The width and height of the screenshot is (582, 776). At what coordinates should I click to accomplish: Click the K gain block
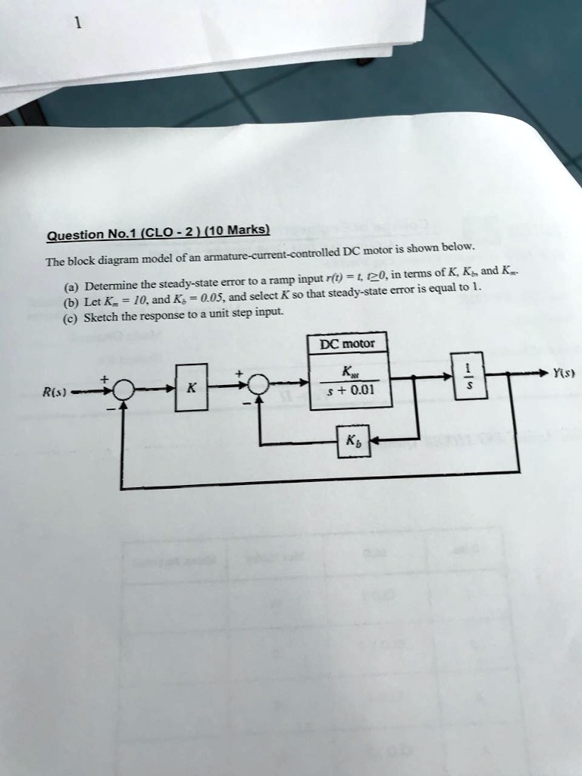pos(191,387)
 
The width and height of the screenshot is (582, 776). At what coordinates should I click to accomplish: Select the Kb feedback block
pos(354,441)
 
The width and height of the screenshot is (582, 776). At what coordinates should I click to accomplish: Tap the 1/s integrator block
pos(468,375)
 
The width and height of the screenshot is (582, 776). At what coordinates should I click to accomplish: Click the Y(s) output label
pos(562,373)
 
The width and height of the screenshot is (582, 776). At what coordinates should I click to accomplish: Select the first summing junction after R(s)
pos(123,390)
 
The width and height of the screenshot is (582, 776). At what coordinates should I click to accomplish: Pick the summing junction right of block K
pos(258,385)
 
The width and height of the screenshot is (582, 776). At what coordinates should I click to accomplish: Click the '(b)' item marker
pos(69,302)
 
